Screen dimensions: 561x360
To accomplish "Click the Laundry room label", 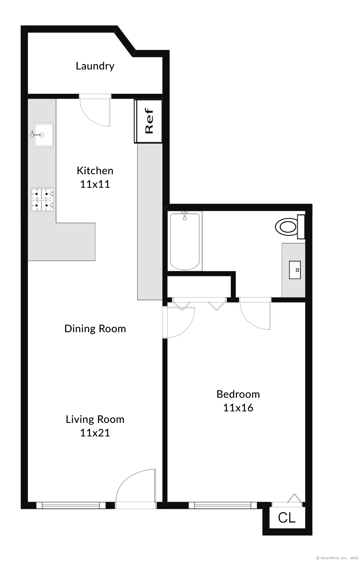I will [95, 66].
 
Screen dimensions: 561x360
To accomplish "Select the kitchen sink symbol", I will [44, 135].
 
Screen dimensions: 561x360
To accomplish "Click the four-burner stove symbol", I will [42, 200].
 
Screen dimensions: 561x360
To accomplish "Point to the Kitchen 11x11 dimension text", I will [95, 184].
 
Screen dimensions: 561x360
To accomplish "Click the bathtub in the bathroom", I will [185, 241].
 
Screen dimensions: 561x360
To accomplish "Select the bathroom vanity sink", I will [295, 270].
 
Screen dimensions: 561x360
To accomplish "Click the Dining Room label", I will [95, 329].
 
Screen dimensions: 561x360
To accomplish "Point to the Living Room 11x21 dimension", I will [95, 433].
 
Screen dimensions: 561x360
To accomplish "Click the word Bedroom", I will [238, 394].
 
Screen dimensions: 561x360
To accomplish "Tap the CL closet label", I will [287, 517].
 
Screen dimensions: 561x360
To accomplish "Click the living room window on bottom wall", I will [71, 505].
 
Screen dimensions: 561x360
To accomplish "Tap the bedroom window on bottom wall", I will [223, 505].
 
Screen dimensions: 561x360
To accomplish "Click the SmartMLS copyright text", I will [337, 558].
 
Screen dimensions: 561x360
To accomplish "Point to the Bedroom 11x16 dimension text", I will [238, 408].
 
